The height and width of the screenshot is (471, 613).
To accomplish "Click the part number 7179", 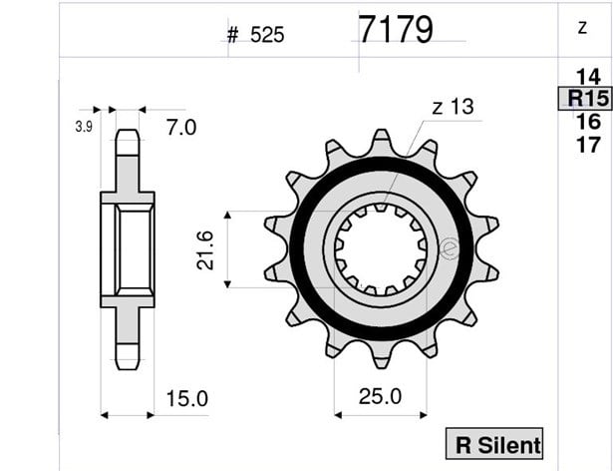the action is tap(396, 29).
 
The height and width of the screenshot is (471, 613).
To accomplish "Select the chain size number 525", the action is tap(267, 35).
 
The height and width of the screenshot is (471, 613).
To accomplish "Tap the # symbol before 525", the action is tap(232, 35).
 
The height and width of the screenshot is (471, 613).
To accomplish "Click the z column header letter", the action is tap(582, 28).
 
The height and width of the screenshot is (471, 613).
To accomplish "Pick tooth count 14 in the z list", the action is tap(588, 77).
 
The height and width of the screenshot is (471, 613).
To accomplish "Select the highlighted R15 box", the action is tap(585, 98).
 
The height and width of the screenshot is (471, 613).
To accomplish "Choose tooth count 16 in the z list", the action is tap(588, 122).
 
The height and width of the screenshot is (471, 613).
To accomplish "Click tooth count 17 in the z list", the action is tap(588, 145).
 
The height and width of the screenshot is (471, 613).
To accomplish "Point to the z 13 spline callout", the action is tap(453, 107).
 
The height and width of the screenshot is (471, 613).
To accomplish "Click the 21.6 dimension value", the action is tap(205, 250).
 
